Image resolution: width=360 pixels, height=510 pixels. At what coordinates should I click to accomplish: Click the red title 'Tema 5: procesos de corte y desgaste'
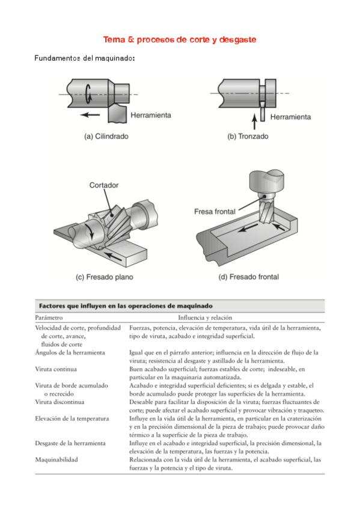click(180, 40)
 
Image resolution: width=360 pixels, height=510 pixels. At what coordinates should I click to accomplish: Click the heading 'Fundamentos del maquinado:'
click(85, 58)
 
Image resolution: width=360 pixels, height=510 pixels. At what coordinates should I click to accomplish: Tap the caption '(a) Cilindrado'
click(106, 137)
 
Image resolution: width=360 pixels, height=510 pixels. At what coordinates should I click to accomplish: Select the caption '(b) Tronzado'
click(248, 137)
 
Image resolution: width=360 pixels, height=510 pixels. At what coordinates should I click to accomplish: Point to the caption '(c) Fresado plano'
click(105, 277)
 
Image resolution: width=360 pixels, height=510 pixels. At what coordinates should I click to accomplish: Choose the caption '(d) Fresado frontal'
click(249, 277)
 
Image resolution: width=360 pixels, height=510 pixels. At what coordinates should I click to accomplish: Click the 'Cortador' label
click(104, 185)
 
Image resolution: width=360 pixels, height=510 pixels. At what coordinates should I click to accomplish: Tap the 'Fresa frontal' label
click(215, 212)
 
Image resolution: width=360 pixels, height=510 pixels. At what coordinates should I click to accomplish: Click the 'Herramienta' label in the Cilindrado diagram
click(151, 115)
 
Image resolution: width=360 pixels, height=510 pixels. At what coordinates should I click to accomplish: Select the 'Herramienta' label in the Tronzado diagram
click(290, 117)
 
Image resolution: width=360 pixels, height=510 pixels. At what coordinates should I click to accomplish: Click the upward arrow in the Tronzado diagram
click(255, 121)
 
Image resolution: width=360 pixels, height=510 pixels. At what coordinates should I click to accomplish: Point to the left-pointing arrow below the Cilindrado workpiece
click(90, 114)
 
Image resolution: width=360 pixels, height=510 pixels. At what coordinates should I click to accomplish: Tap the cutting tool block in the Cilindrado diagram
click(117, 114)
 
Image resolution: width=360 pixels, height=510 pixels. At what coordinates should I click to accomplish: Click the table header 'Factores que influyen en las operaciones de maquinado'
click(126, 306)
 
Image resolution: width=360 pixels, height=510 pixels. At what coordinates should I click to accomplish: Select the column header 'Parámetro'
click(49, 318)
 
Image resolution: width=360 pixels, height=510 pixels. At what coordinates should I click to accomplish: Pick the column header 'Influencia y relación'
click(205, 318)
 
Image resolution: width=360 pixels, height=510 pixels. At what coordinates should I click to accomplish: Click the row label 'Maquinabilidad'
click(56, 459)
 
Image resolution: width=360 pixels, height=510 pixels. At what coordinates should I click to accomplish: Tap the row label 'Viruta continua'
click(56, 369)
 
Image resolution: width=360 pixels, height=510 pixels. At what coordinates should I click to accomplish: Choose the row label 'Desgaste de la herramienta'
click(70, 443)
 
